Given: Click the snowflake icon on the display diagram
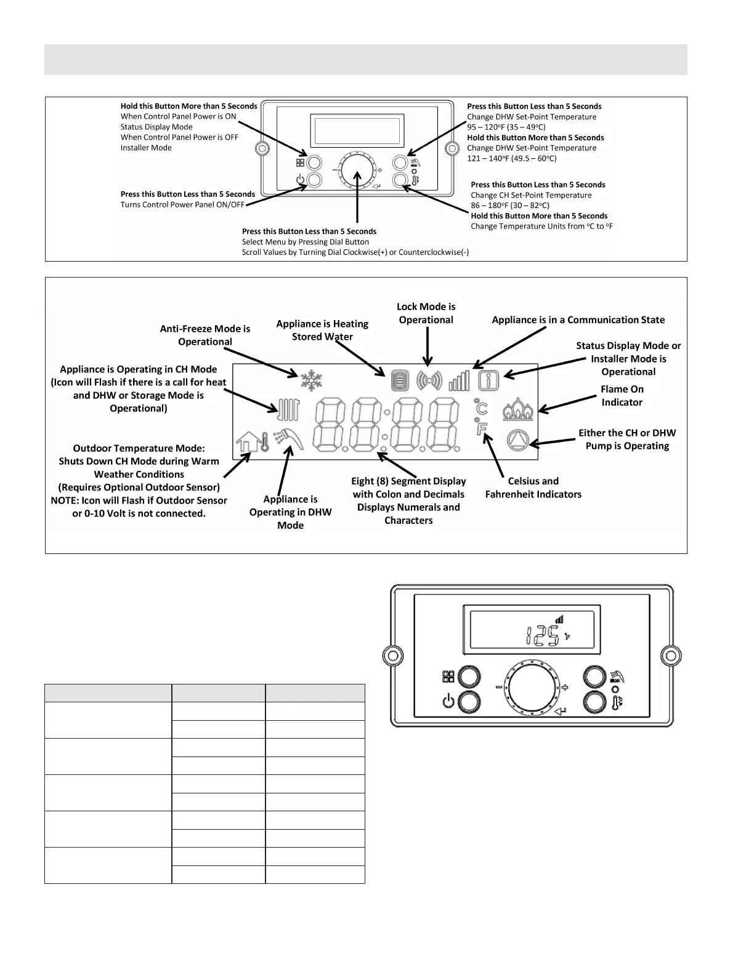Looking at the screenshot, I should (311, 380).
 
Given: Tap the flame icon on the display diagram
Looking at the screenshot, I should (519, 409).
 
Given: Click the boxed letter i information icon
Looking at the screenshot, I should (488, 380).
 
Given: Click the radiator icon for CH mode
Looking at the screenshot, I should (289, 410).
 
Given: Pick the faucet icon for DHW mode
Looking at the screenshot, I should (289, 440).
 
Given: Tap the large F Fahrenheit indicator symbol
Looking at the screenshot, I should (482, 428).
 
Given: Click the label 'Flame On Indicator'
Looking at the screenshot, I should (622, 396).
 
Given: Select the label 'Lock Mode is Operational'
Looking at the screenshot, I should (426, 313).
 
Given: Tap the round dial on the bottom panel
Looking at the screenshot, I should (530, 688).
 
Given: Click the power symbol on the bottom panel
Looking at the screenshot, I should (448, 700).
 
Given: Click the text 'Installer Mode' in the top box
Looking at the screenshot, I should (146, 148).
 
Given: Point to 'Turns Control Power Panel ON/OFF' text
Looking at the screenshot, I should (182, 205).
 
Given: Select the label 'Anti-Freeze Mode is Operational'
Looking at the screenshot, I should (205, 335).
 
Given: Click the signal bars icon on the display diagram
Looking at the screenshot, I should (459, 380).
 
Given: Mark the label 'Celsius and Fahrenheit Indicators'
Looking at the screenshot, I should (533, 487).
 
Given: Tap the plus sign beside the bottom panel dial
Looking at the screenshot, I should (564, 688).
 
